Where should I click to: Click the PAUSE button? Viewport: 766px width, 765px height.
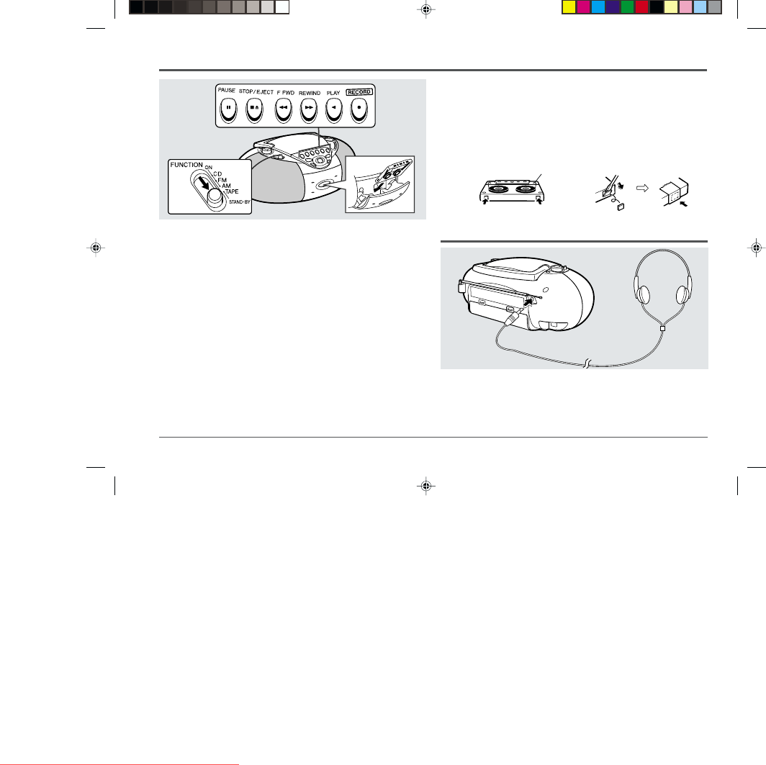(228, 110)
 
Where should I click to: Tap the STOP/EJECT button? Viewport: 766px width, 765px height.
(254, 110)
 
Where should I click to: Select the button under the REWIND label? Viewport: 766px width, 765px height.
(309, 110)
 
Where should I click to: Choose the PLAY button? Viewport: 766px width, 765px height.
(333, 110)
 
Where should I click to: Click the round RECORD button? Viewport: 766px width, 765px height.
(359, 110)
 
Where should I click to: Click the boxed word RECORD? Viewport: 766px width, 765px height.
(359, 92)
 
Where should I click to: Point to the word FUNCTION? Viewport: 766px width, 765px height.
(186, 165)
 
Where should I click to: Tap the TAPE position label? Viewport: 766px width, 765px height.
(232, 191)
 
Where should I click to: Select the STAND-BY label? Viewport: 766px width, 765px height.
(239, 202)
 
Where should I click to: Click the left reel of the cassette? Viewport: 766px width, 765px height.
(497, 189)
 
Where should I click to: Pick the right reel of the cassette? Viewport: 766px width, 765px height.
(525, 189)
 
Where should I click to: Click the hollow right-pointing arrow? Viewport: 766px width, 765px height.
(642, 188)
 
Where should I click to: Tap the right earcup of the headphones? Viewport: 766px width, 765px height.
(682, 294)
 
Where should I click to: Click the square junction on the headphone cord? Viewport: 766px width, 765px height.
(662, 329)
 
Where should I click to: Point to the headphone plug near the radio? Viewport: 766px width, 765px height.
(511, 318)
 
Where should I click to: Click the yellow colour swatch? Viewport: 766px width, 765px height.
(569, 6)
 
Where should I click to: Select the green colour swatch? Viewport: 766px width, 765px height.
(627, 6)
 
